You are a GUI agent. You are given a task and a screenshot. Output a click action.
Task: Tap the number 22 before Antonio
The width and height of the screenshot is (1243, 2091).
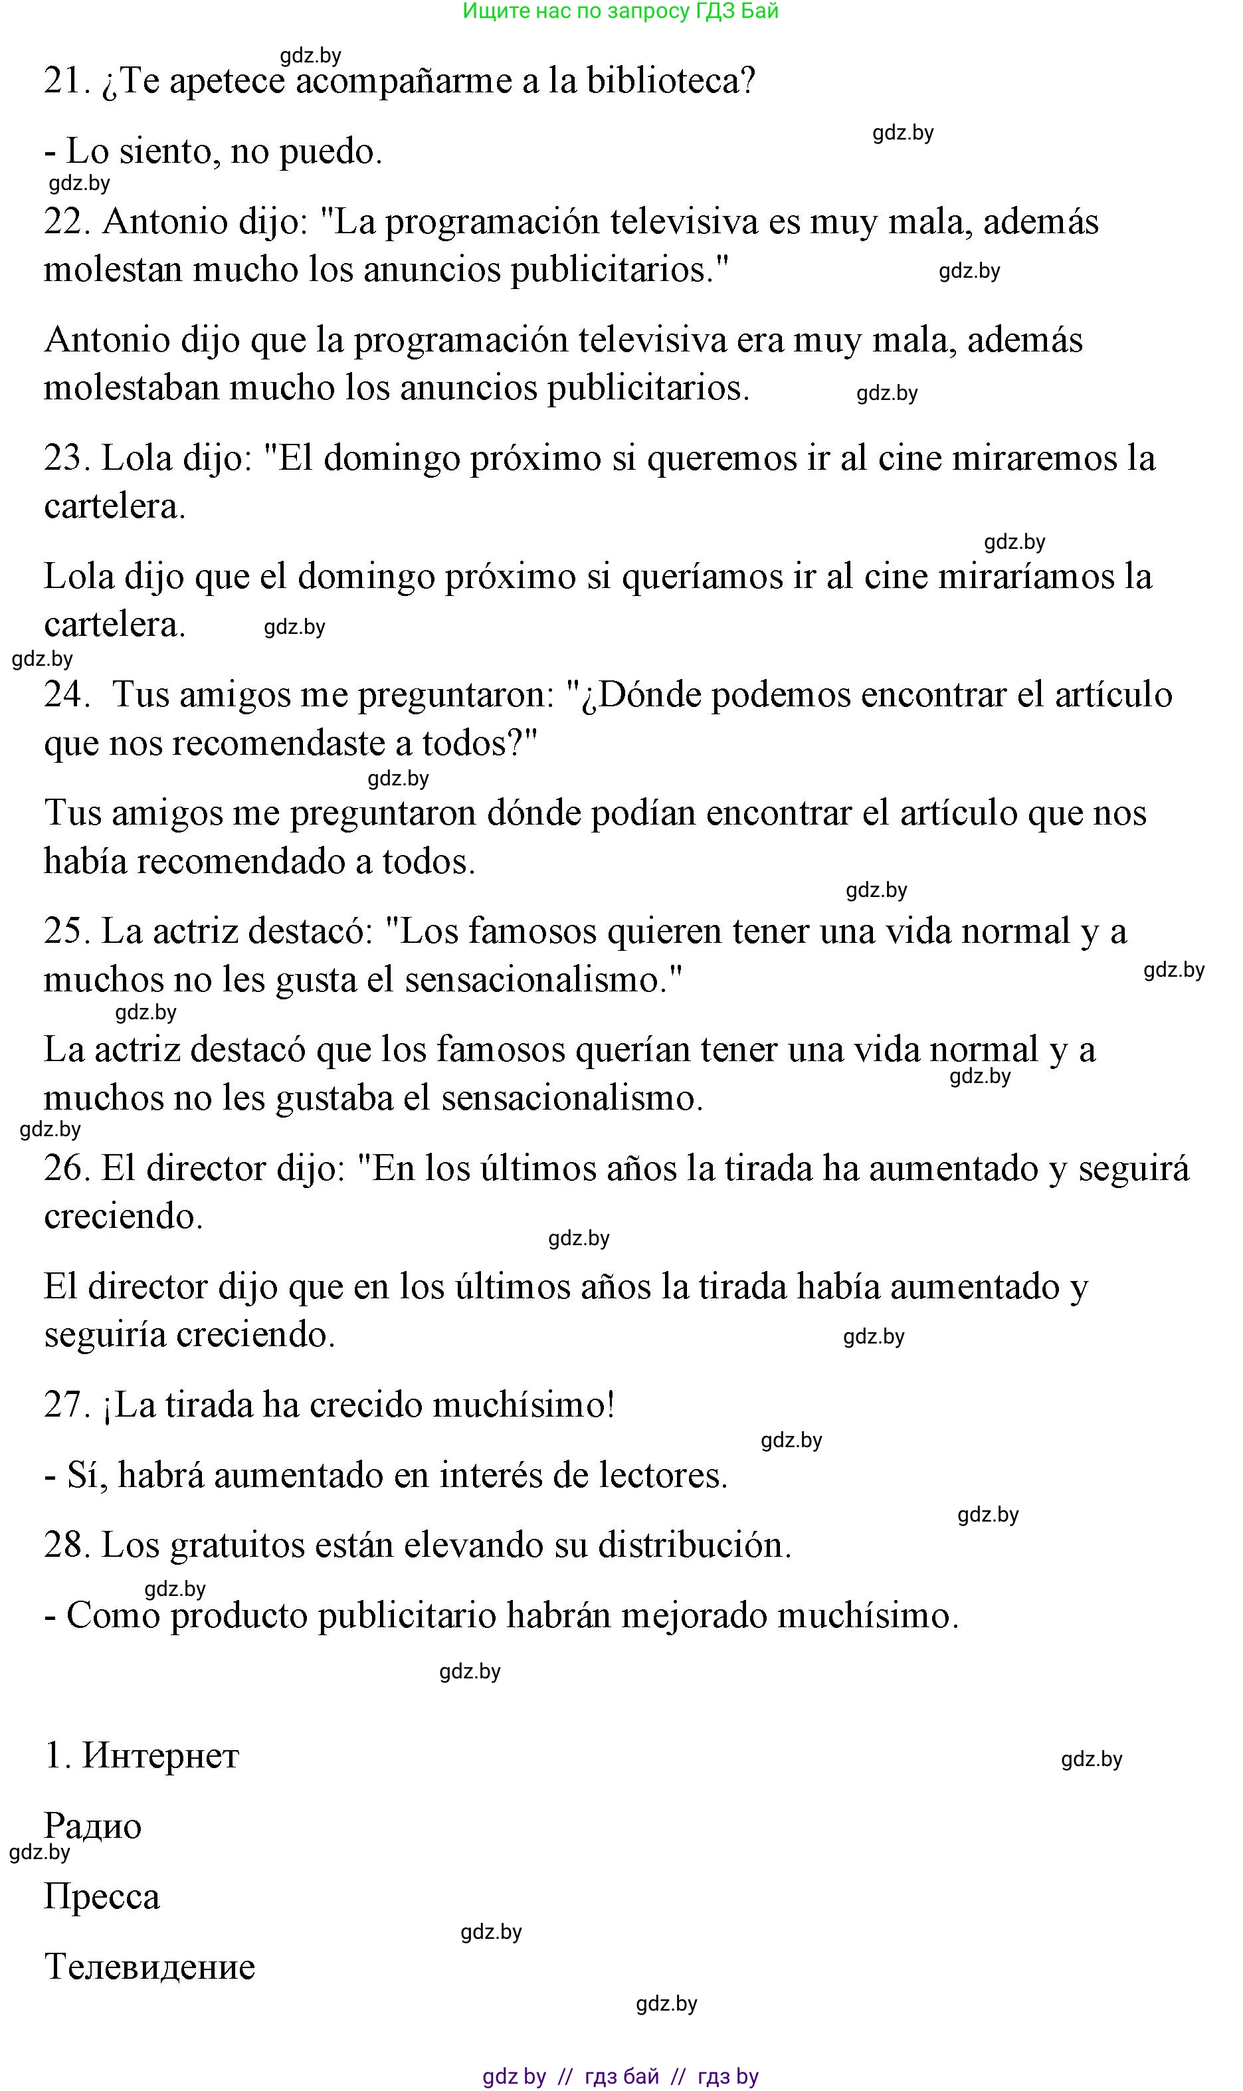66,222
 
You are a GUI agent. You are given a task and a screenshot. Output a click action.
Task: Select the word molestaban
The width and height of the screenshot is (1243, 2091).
131,388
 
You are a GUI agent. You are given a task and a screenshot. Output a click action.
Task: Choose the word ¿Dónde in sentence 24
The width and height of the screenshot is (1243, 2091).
640,695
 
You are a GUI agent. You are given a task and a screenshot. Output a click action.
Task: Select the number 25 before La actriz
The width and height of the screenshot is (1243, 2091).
66,932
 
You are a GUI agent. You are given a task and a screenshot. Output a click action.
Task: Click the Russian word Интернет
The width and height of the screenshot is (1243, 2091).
160,1756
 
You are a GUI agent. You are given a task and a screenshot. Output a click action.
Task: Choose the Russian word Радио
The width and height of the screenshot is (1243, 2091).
93,1827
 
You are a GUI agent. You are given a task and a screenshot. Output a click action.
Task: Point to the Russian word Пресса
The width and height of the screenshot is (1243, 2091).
102,1896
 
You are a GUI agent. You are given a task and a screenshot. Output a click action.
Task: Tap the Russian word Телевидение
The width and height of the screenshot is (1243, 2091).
150,1967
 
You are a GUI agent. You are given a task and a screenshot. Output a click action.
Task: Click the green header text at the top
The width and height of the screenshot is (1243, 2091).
621,11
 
